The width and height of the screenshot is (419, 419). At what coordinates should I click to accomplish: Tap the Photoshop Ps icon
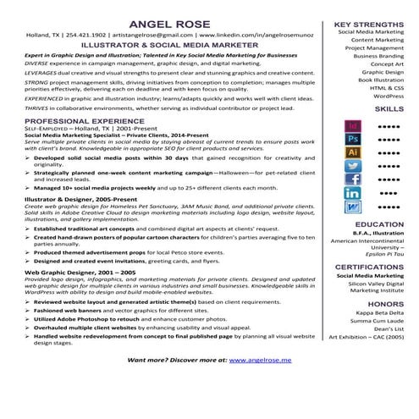point(354,138)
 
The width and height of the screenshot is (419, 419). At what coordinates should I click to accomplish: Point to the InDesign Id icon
point(354,125)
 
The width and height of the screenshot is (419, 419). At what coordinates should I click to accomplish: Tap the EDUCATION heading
point(379,224)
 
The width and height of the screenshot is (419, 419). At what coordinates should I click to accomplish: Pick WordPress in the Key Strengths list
point(388,96)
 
